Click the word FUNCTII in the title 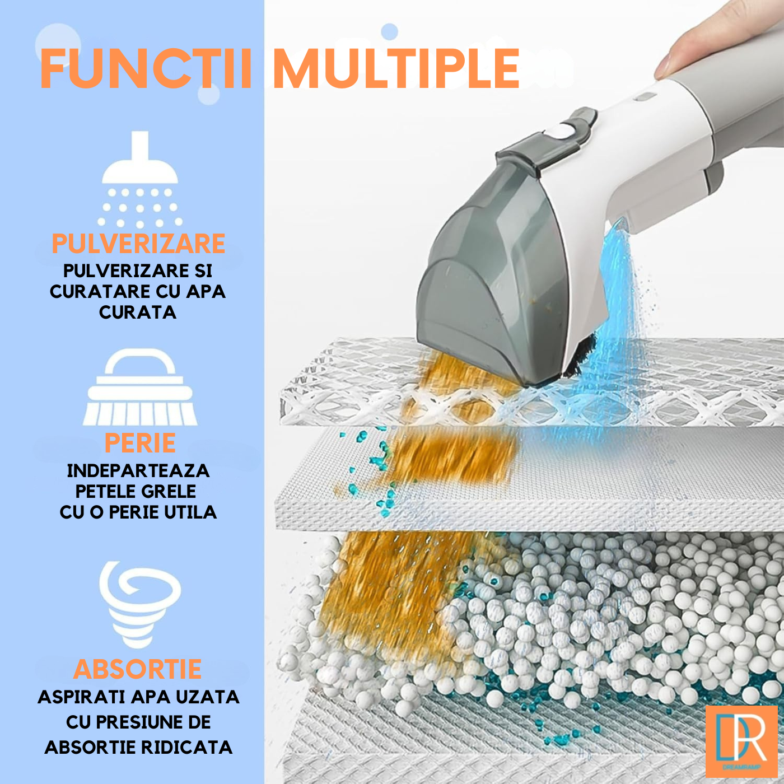click(146, 68)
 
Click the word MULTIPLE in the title click(396, 68)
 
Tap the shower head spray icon click(140, 179)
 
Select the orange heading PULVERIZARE click(138, 244)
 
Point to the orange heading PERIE click(140, 444)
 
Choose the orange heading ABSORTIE click(138, 669)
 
